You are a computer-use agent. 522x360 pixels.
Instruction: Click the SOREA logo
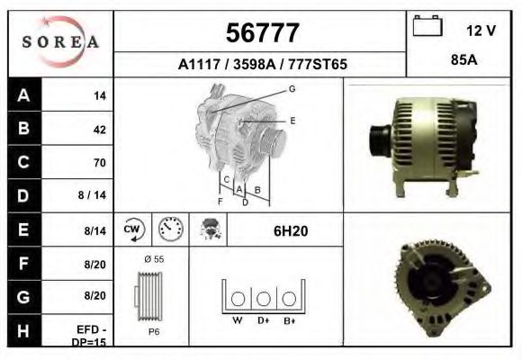[x=60, y=42]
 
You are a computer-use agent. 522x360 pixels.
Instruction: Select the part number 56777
[x=261, y=33]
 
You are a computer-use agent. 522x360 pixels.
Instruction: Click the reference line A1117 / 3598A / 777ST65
[x=261, y=65]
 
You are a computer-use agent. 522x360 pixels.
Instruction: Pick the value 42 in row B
[x=99, y=129]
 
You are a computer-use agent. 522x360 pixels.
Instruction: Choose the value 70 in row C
[x=99, y=163]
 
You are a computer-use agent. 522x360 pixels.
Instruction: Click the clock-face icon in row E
[x=171, y=230]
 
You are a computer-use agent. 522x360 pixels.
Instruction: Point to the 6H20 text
[x=290, y=231]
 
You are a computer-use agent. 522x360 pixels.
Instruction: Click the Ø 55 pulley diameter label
[x=154, y=259]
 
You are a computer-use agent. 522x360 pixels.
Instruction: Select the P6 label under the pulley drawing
[x=154, y=330]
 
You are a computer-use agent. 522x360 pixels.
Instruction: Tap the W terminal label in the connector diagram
[x=237, y=320]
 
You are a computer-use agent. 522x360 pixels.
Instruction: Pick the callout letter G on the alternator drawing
[x=292, y=88]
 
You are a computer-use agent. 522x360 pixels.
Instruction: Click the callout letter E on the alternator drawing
[x=292, y=119]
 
